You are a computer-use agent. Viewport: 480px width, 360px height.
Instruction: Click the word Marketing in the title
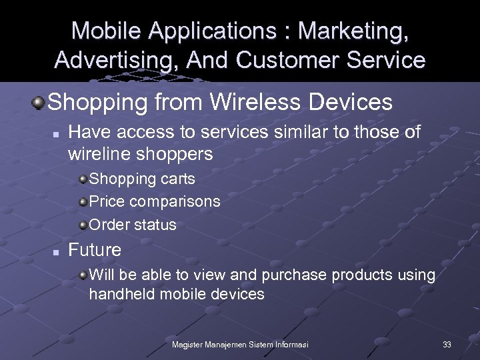354,31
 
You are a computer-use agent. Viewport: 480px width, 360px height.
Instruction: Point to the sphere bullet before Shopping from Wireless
39,103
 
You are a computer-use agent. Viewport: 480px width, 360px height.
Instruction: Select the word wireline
100,155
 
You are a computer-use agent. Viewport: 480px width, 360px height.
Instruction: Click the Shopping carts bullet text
142,179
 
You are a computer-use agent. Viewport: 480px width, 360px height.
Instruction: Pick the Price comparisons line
155,201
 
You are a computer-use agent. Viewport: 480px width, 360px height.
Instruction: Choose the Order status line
133,224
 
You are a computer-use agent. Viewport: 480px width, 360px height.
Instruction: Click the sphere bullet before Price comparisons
83,201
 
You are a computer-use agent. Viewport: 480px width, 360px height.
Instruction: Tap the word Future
95,250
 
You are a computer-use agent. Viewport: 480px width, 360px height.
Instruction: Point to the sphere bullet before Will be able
83,274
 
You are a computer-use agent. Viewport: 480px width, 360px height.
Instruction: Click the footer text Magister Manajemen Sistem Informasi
240,344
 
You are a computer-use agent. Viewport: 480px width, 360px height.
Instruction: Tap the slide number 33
447,344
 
